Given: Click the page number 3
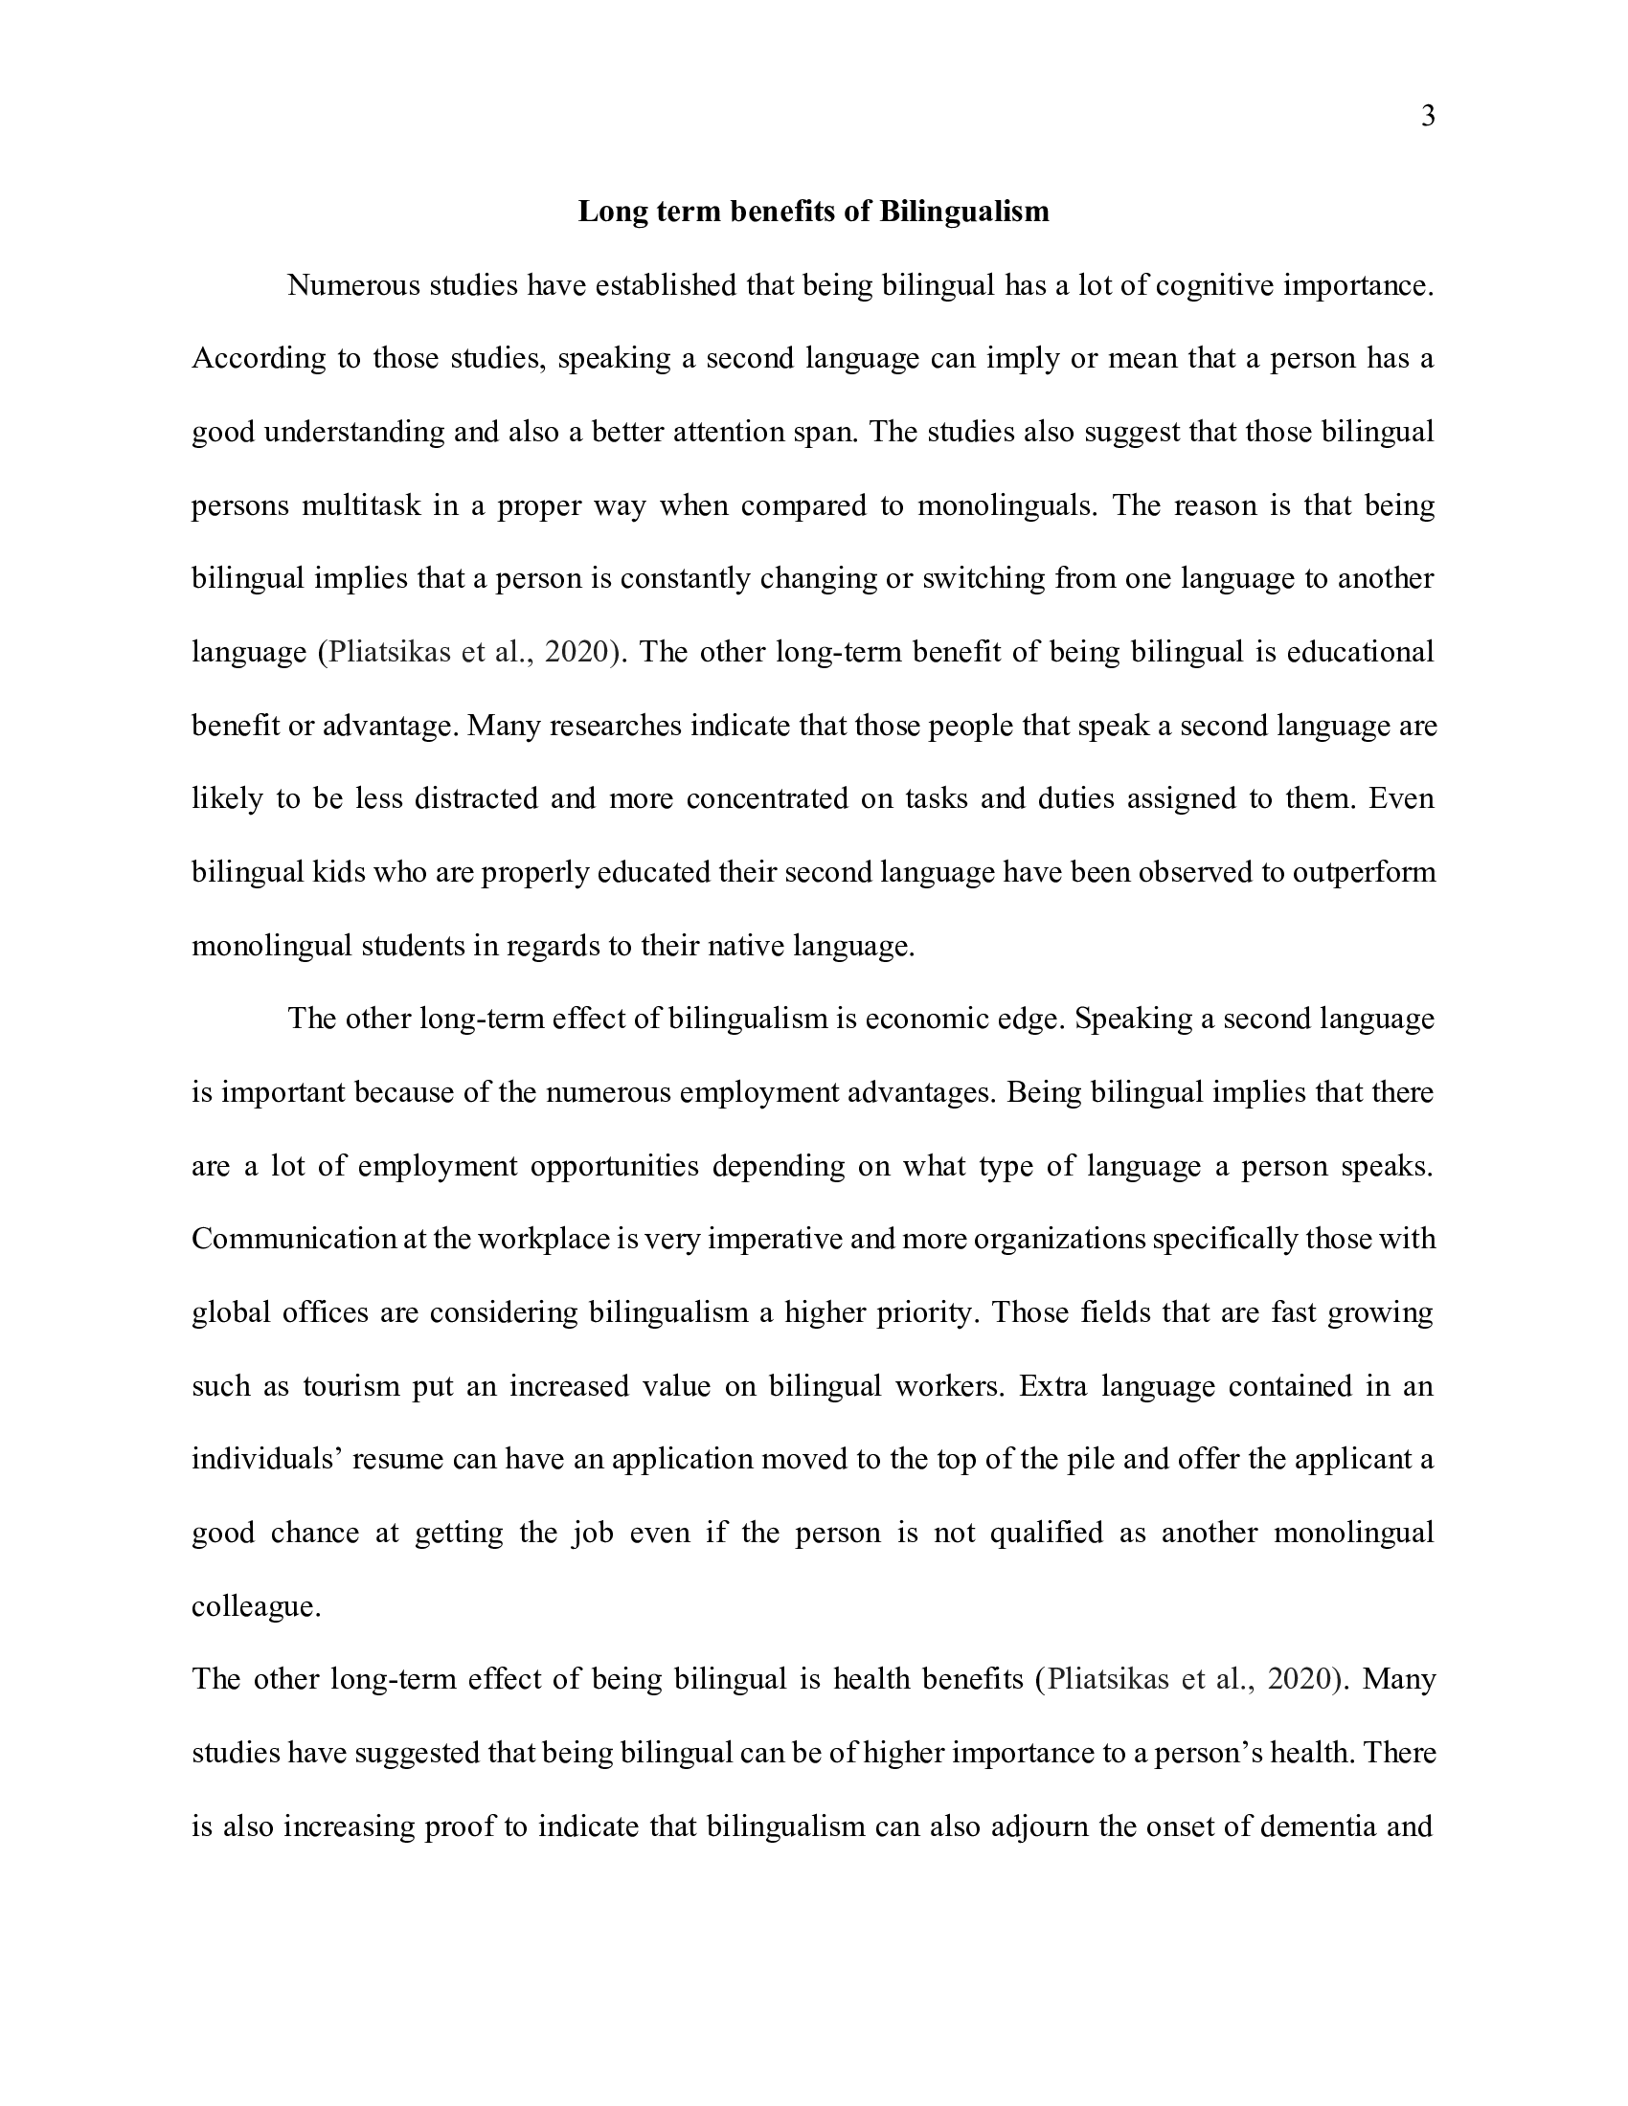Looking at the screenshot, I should tap(1429, 117).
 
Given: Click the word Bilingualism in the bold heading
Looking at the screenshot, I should tap(963, 212).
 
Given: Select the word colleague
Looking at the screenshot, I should tap(256, 1606).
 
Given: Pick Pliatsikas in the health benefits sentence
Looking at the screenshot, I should tap(1109, 1679).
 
